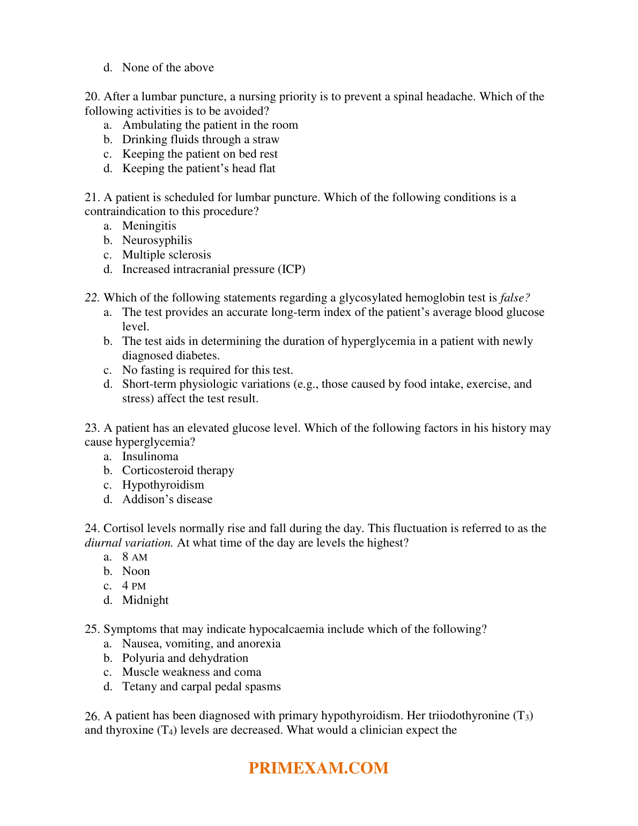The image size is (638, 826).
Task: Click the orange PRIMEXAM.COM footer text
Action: pos(318,768)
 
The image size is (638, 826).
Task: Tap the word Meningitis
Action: pos(149,226)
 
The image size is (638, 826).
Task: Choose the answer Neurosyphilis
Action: pos(157,240)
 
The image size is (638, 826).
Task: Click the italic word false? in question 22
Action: pos(515,298)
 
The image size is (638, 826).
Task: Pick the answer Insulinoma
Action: pos(150,456)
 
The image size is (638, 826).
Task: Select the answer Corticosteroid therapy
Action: pos(178,470)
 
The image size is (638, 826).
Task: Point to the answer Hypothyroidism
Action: pos(163,485)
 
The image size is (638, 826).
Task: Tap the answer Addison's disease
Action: pos(167,499)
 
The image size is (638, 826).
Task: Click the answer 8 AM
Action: pos(135,557)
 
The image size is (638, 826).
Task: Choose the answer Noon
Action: pos(136,571)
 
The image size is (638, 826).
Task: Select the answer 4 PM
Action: pos(134,586)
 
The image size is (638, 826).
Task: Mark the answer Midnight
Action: pos(145,600)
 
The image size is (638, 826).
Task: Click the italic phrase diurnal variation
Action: pos(129,543)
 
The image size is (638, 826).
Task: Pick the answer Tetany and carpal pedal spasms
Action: pos(202,687)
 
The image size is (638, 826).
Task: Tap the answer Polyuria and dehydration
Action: pos(185,658)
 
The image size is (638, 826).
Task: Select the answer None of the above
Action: pos(168,68)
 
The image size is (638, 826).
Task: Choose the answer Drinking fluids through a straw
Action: pos(201,139)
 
